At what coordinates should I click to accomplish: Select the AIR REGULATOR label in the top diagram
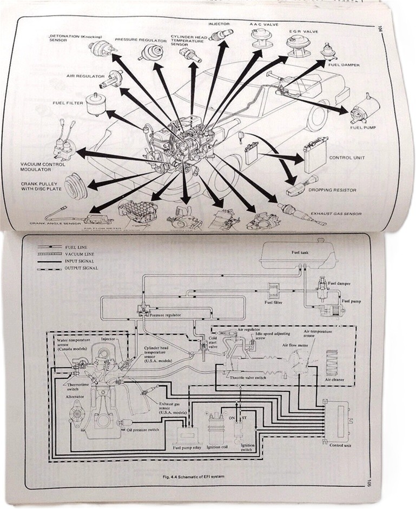(x=86, y=77)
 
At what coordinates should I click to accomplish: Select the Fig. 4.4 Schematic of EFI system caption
(x=196, y=476)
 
